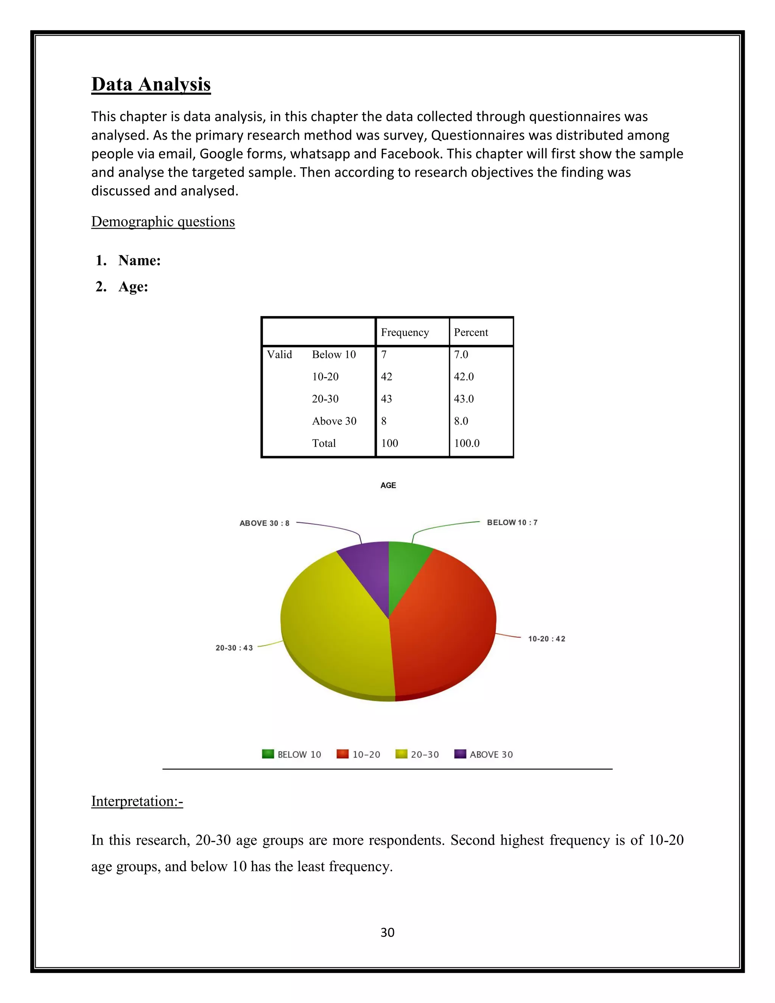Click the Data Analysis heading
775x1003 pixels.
[151, 84]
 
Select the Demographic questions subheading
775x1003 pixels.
[163, 221]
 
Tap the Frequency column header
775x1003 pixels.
[405, 332]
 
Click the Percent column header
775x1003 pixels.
[471, 332]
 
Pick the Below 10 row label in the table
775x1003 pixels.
[334, 355]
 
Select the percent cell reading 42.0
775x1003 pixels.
[464, 377]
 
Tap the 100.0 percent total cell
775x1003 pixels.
[467, 443]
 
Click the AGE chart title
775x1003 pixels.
[388, 486]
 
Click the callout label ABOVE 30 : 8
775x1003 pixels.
[265, 523]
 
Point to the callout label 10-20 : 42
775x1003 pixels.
[546, 639]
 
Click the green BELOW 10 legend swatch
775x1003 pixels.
[268, 754]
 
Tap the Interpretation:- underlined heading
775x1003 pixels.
[137, 801]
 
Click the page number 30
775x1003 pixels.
[387, 932]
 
